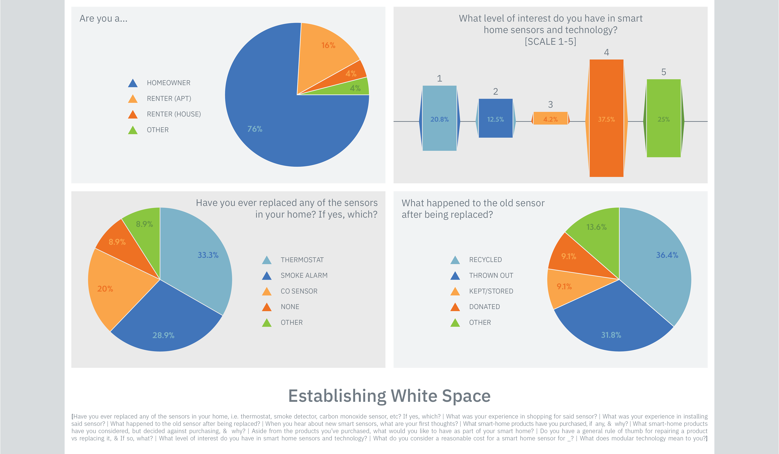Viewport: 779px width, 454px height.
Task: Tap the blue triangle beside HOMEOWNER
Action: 133,83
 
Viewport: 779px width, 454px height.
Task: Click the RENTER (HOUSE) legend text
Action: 173,114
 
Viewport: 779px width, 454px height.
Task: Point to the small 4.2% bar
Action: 550,119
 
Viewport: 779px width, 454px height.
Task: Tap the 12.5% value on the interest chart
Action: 495,119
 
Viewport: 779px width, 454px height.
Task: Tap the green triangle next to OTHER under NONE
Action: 267,323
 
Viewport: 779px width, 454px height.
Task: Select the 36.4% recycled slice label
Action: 667,255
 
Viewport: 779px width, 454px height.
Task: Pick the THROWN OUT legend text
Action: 491,275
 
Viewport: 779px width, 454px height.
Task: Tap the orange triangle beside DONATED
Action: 455,307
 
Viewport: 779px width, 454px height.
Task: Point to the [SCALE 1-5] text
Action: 550,41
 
